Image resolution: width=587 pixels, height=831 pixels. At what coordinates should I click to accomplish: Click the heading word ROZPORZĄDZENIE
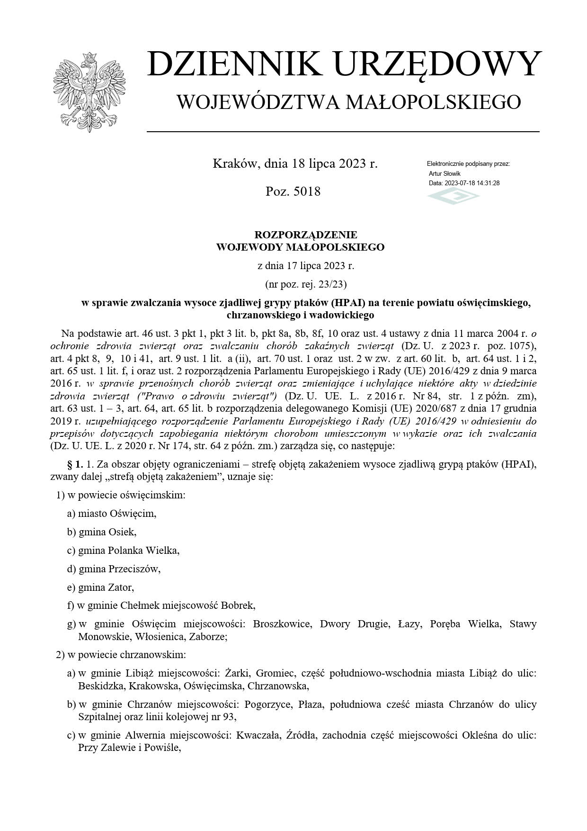tap(306, 235)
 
